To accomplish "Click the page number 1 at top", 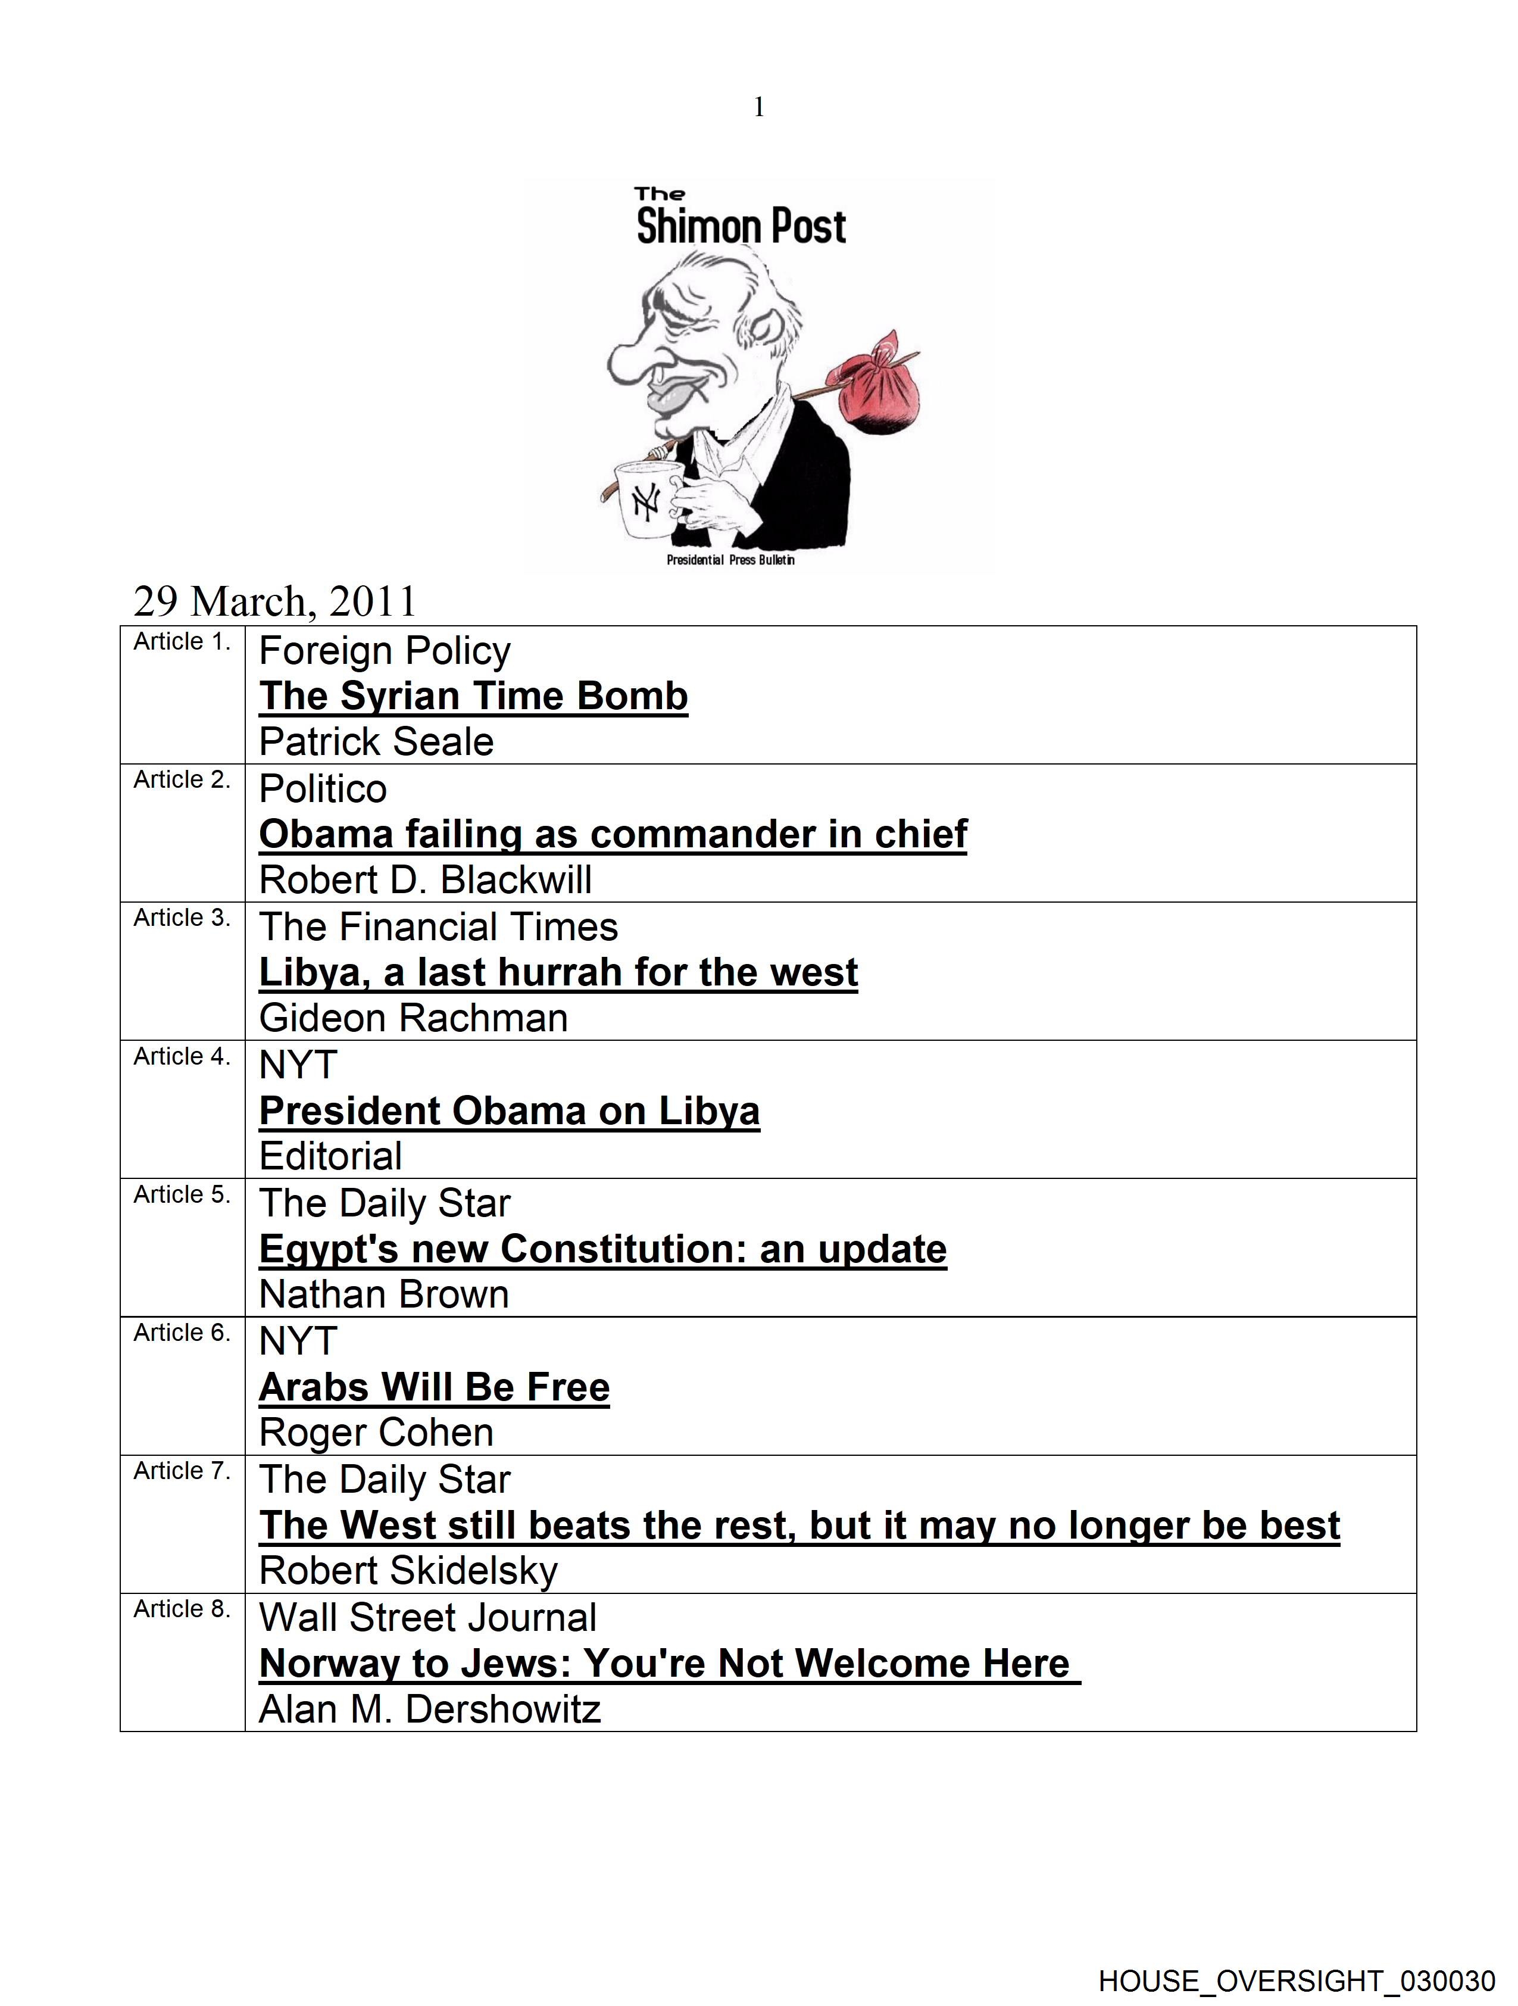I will pyautogui.click(x=759, y=108).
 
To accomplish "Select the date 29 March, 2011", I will pyautogui.click(x=275, y=601).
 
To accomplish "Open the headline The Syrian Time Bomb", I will pyautogui.click(x=473, y=697).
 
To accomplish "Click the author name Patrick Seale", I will pyautogui.click(x=376, y=742).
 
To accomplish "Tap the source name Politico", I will pyautogui.click(x=323, y=789).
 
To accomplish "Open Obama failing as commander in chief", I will pyautogui.click(x=613, y=834).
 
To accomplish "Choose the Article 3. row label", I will pyautogui.click(x=182, y=918).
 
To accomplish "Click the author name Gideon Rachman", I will pyautogui.click(x=414, y=1018).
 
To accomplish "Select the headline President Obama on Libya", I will pyautogui.click(x=510, y=1111).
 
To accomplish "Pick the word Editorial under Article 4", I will pyautogui.click(x=331, y=1156).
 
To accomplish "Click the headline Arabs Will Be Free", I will pyautogui.click(x=435, y=1387).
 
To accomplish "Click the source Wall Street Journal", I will pyautogui.click(x=428, y=1618).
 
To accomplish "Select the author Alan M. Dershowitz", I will pyautogui.click(x=430, y=1709).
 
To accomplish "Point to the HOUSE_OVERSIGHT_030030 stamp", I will pyautogui.click(x=1296, y=1980).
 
